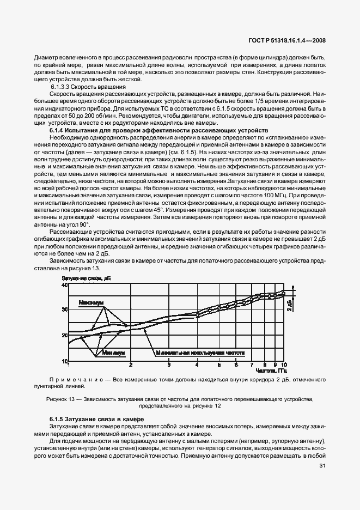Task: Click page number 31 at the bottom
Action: (322, 465)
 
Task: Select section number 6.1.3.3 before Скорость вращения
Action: (61, 87)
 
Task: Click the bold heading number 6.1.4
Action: (59, 131)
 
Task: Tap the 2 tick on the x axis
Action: (131, 365)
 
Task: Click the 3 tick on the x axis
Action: (169, 365)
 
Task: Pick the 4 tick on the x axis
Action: (197, 365)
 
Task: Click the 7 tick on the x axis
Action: (251, 365)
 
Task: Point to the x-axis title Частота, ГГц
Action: (267, 371)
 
